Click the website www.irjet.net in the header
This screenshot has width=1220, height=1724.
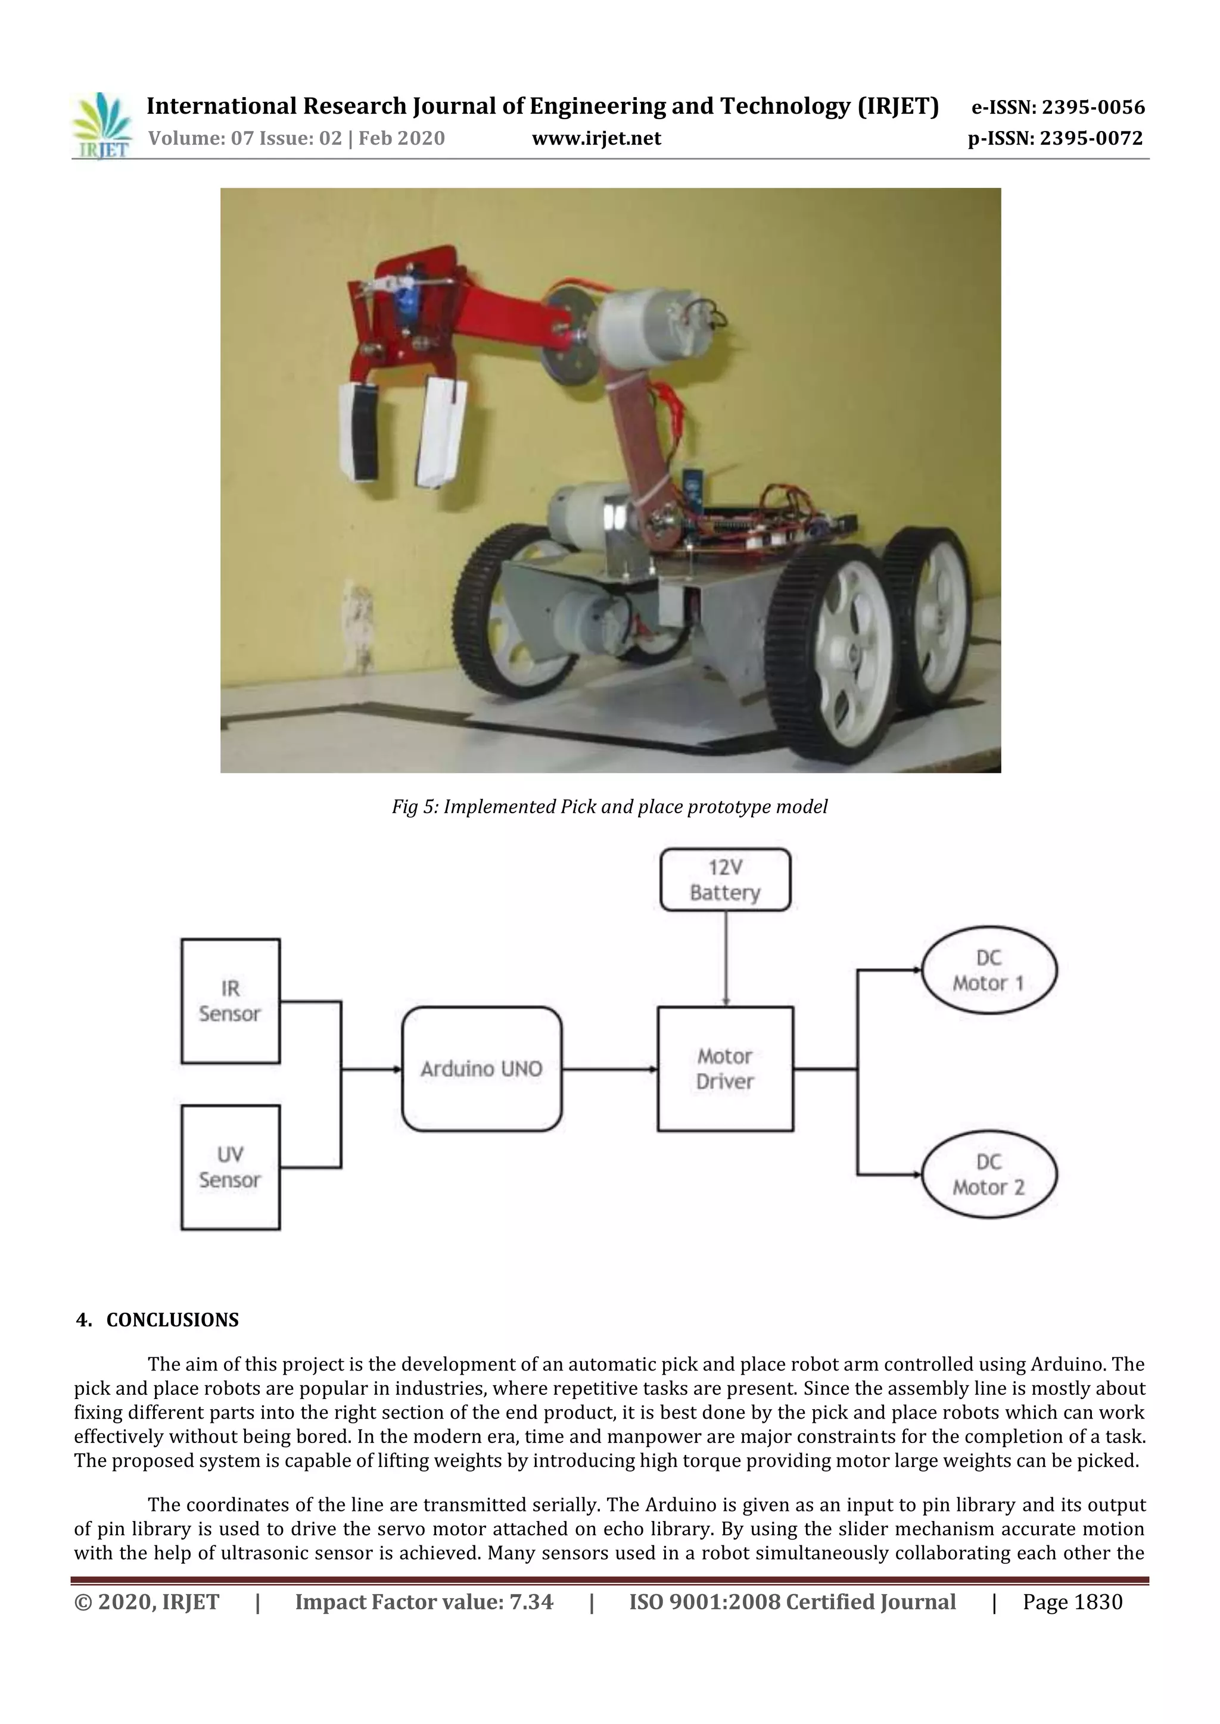[596, 139]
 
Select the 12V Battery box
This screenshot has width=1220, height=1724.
[725, 880]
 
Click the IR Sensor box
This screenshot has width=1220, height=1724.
[231, 1001]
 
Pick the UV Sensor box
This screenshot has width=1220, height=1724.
[231, 1167]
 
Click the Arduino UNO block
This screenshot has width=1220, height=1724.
[481, 1069]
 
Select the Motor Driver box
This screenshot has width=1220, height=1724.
[725, 1069]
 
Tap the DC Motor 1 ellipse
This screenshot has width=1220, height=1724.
[989, 970]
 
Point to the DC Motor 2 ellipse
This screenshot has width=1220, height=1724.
[989, 1175]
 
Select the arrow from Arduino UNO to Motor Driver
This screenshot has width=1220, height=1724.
[609, 1069]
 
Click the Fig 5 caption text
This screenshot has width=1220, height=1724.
[609, 807]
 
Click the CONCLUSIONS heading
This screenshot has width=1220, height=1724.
[172, 1319]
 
